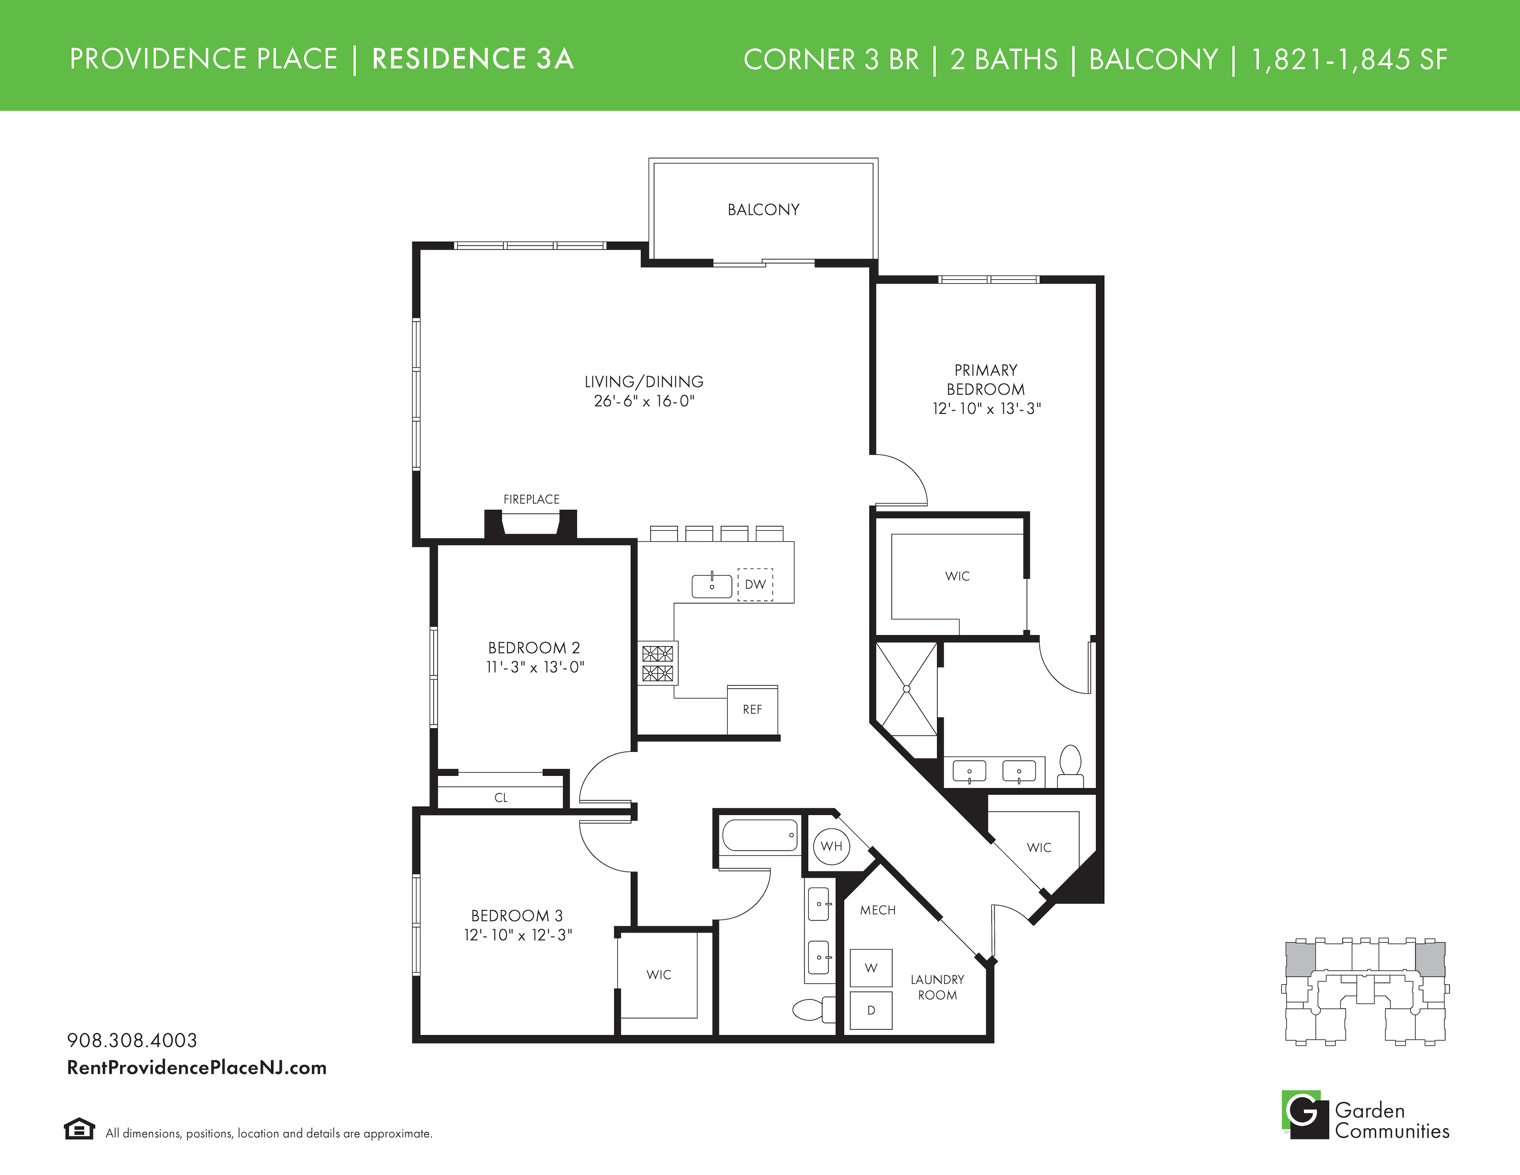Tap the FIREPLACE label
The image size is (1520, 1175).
click(x=531, y=499)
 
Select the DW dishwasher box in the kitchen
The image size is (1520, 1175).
click(x=755, y=584)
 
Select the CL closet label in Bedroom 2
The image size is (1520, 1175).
click(x=501, y=798)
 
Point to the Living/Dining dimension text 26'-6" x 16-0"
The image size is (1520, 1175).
click(x=644, y=401)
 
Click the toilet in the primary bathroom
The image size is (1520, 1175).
click(x=1070, y=766)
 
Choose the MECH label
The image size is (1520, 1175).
click(x=877, y=910)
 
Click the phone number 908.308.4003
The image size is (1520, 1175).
click(x=132, y=1040)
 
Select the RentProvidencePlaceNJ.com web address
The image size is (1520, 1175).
click(x=197, y=1068)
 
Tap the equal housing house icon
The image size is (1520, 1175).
click(x=79, y=1128)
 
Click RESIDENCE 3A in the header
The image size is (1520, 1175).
click(x=473, y=59)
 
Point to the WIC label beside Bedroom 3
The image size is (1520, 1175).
click(x=658, y=975)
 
